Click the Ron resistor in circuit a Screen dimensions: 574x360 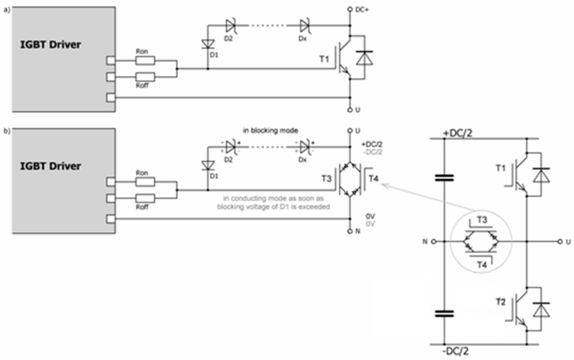point(145,61)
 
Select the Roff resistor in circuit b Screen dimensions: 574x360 point(145,198)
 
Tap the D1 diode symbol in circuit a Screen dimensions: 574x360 point(208,44)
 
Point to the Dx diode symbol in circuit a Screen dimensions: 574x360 point(305,26)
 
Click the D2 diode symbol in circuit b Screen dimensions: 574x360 point(231,147)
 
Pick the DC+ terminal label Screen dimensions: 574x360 point(362,10)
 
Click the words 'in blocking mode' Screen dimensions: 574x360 point(271,130)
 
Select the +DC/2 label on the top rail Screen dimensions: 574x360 point(458,133)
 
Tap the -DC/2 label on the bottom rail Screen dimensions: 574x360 point(455,351)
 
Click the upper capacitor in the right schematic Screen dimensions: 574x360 point(444,178)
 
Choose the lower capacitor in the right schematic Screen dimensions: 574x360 point(444,314)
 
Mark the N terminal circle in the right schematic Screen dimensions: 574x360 point(434,242)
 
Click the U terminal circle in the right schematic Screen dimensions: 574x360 point(560,242)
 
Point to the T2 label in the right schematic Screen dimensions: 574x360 point(501,302)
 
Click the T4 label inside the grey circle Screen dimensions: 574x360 point(482,264)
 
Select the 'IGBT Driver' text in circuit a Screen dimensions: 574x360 point(50,45)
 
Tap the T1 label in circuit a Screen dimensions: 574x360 point(324,59)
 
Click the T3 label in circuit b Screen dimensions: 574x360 point(326,178)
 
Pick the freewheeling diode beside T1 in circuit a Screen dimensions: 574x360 point(365,58)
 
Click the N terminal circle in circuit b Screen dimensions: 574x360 point(350,231)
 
